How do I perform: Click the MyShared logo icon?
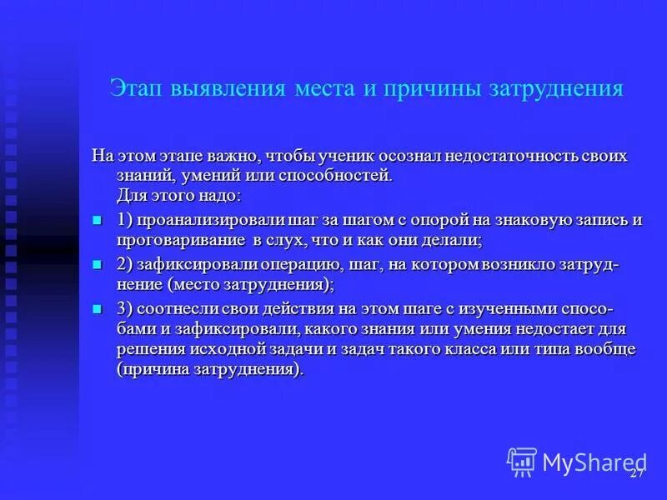522,460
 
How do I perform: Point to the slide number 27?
636,473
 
